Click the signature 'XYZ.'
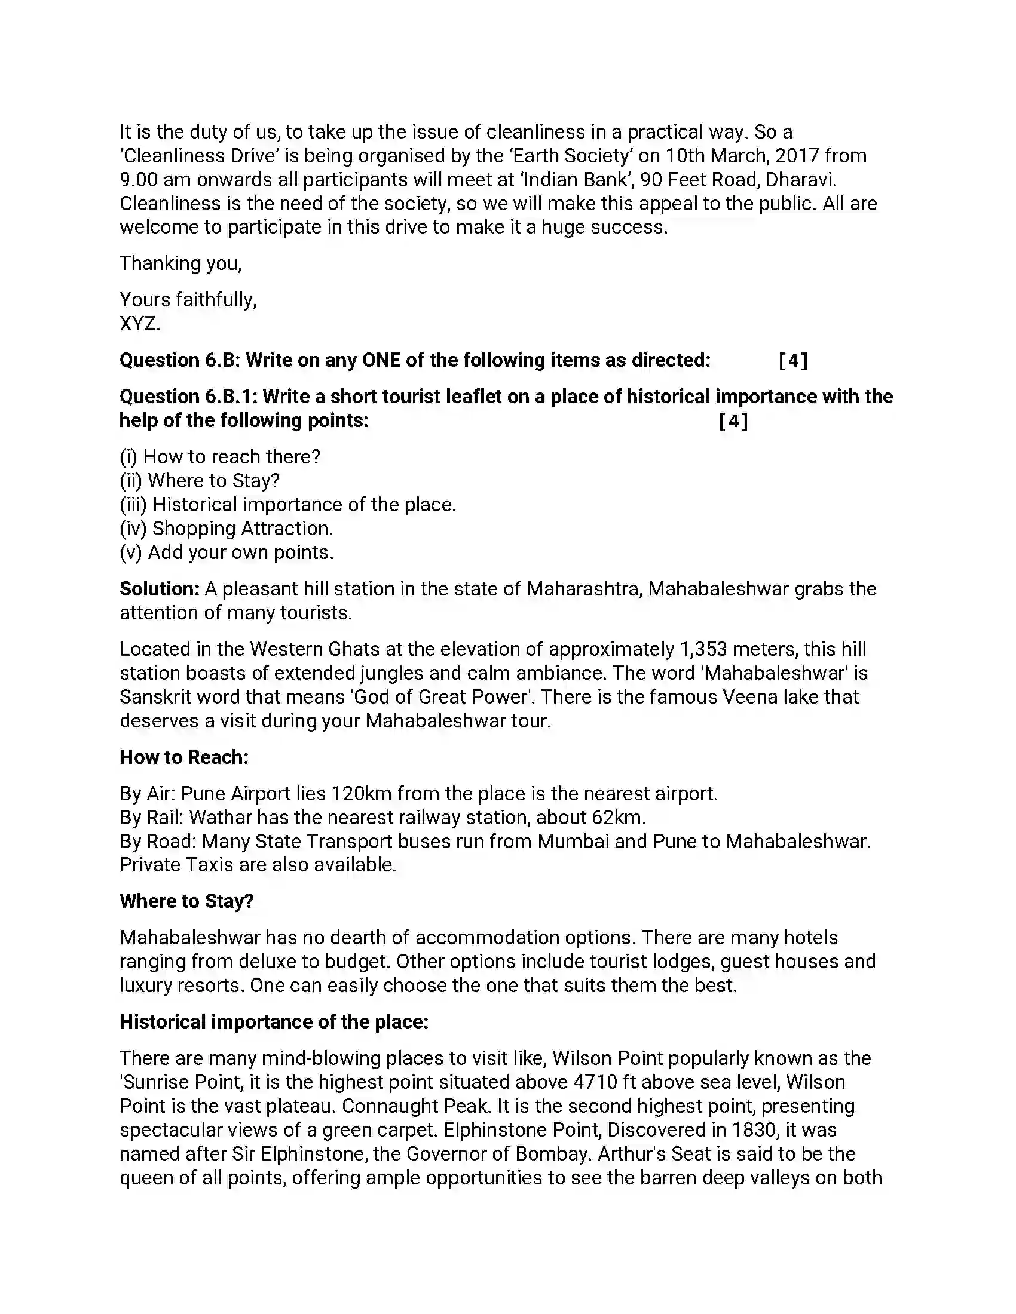coord(140,324)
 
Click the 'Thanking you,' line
coord(180,263)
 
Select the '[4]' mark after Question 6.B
coord(792,360)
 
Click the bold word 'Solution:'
coord(159,588)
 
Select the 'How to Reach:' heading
coord(184,757)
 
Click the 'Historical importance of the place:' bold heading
coord(274,1021)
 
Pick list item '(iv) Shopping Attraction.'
coord(227,528)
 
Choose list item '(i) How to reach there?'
coord(220,457)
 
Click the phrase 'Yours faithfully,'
coord(188,300)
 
